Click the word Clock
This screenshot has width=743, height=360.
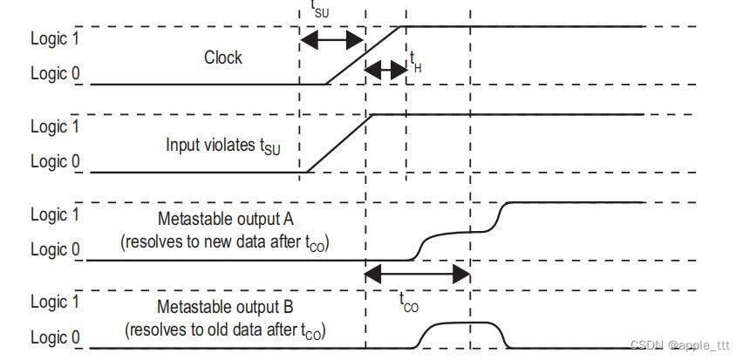[x=223, y=58]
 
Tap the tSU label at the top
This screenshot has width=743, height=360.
[x=320, y=10]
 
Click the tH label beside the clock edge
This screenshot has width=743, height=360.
[x=415, y=60]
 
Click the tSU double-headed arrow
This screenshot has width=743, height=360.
[x=331, y=40]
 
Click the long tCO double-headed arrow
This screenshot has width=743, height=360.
[x=418, y=275]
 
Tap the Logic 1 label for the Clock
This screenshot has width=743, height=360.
[x=55, y=39]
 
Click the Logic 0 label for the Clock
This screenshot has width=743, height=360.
[x=55, y=75]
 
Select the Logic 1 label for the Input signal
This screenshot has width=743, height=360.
[x=55, y=127]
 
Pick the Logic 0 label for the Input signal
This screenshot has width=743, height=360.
[x=55, y=162]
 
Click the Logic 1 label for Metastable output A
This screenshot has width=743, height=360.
[x=55, y=214]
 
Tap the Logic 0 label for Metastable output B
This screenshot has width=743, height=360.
[x=55, y=337]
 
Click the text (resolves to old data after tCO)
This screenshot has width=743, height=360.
[x=225, y=329]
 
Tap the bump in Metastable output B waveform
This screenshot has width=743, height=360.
[x=461, y=324]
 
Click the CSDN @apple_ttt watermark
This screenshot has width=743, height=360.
[x=680, y=345]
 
